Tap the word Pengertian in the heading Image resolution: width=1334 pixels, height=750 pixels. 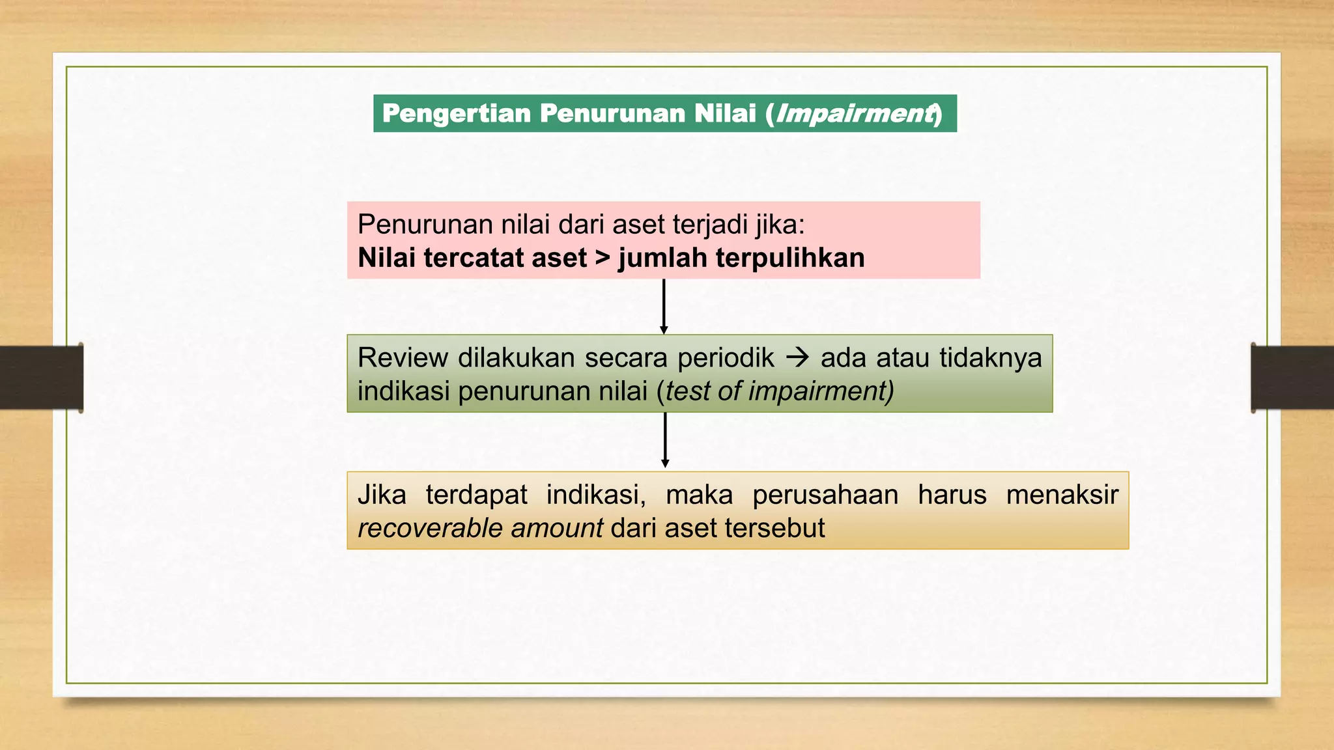tap(457, 113)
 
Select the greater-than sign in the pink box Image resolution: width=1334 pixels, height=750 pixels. tap(603, 258)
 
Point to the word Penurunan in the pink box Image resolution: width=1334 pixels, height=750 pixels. tap(425, 225)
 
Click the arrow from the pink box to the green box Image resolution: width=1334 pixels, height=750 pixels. tap(664, 306)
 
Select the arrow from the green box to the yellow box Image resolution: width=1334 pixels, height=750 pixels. tap(665, 440)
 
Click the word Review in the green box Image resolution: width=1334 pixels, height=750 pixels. tap(403, 358)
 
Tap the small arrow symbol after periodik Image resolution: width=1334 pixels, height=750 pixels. tap(797, 357)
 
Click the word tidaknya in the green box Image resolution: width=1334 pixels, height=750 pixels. tap(990, 358)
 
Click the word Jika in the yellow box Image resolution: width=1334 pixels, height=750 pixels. tap(382, 495)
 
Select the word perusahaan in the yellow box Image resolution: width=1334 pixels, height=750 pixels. tap(825, 495)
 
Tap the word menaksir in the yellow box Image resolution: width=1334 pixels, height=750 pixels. tap(1062, 495)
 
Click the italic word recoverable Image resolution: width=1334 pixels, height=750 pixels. tap(430, 528)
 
